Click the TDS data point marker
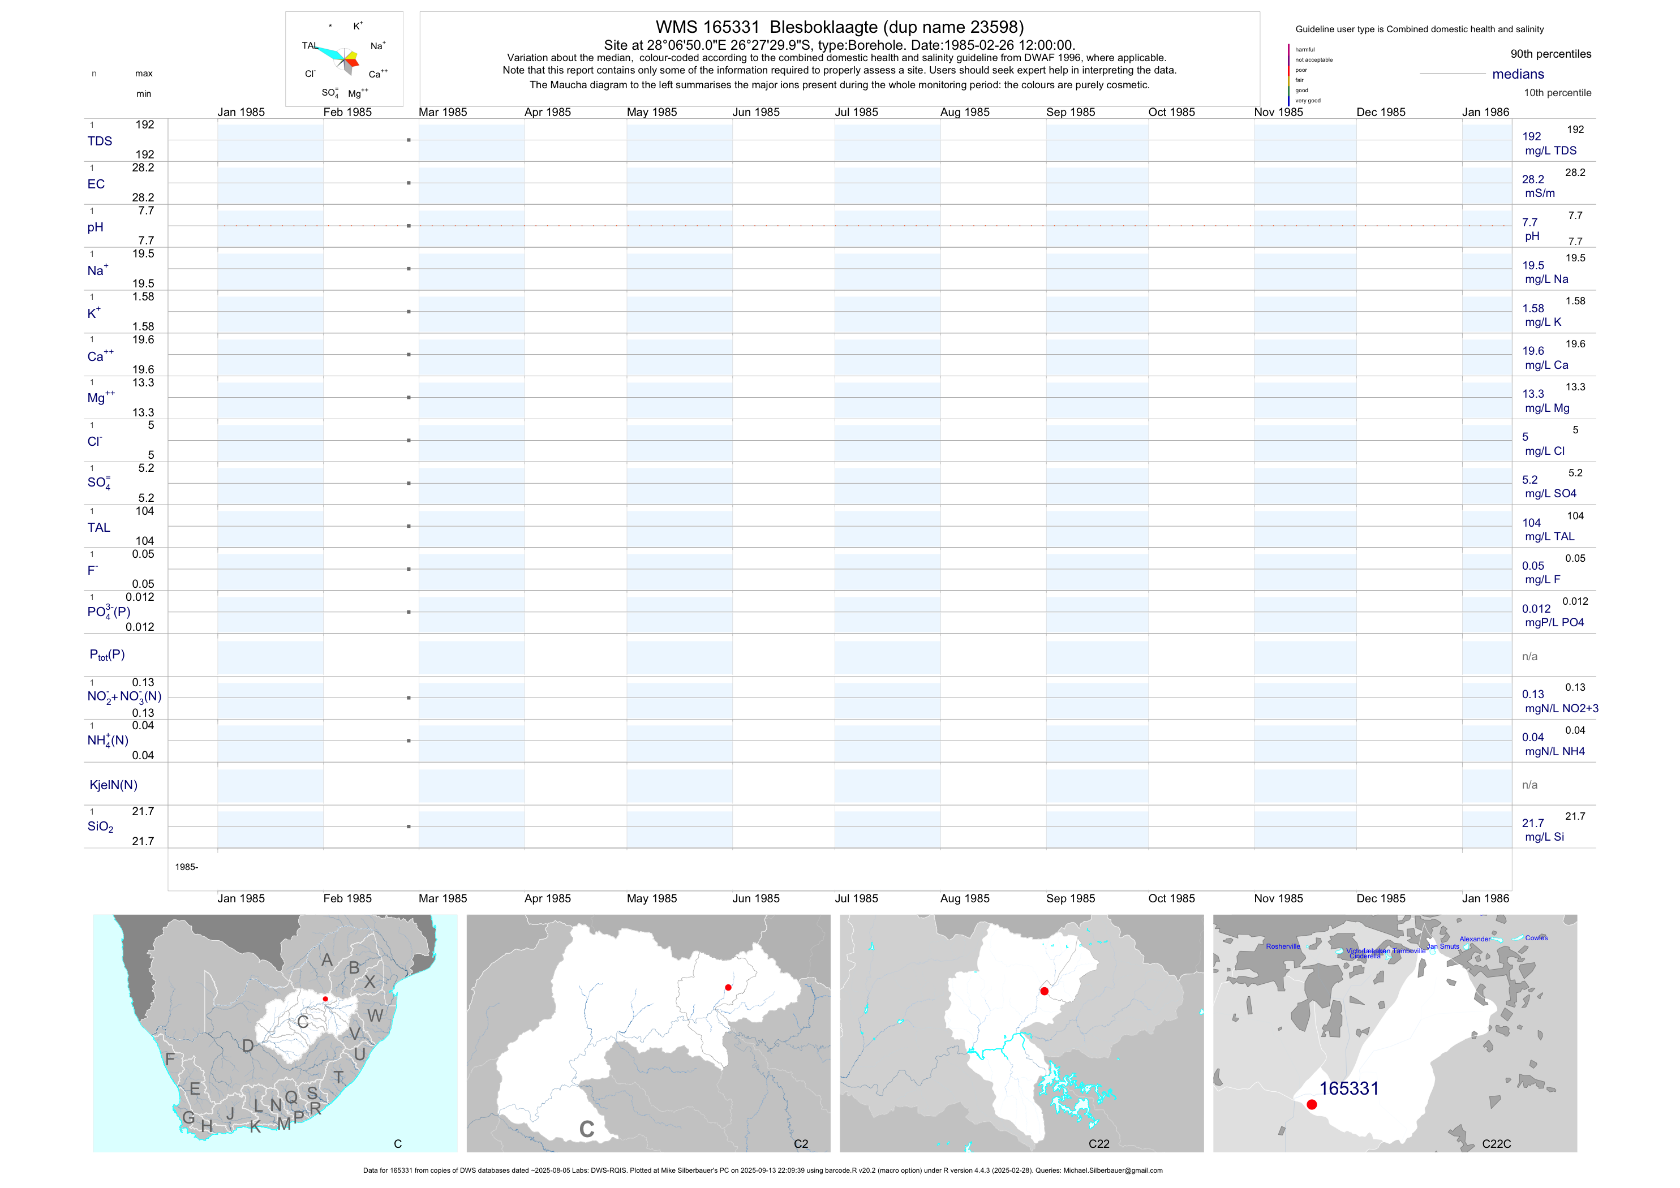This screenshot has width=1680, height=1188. (409, 140)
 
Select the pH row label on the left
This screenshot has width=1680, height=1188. (95, 227)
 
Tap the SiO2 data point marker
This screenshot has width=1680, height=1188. (409, 827)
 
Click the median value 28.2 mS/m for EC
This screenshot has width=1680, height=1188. (1533, 179)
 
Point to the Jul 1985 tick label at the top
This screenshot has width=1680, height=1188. (856, 112)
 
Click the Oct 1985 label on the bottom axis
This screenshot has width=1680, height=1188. (1171, 898)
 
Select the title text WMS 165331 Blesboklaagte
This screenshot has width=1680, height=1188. (839, 27)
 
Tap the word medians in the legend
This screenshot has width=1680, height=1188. (1518, 74)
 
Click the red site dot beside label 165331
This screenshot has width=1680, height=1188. (1311, 1105)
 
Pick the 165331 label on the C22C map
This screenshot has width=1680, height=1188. (1348, 1088)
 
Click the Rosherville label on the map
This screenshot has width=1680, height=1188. (1283, 946)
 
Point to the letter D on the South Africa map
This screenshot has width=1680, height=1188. (248, 1046)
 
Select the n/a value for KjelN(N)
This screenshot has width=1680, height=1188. (1529, 785)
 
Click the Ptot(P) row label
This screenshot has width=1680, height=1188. (107, 655)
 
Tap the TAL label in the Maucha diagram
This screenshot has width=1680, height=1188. (310, 45)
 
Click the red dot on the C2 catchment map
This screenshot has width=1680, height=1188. (728, 988)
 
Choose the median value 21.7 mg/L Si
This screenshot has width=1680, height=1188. (1533, 824)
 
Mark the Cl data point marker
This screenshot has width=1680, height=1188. (409, 440)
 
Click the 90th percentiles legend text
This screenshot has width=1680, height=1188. (1550, 54)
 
